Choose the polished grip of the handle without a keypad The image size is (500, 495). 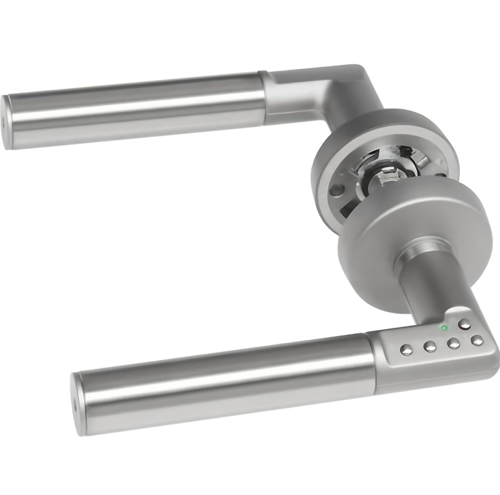pos(137,110)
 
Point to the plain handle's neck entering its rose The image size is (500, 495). pos(345,115)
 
